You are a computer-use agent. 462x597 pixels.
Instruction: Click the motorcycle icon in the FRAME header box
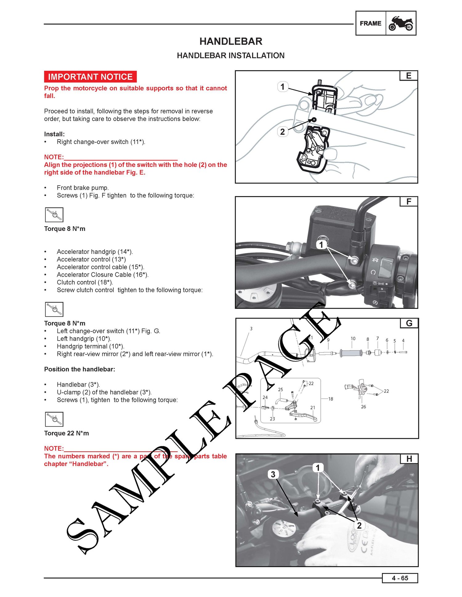coord(401,23)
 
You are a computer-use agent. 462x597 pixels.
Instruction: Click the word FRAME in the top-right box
coord(371,23)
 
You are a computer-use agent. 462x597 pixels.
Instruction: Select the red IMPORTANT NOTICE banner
coord(90,77)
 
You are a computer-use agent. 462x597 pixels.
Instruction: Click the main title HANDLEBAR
coord(231,41)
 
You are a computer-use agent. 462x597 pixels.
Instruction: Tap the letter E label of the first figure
coord(409,76)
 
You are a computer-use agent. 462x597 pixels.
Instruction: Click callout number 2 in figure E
coord(282,132)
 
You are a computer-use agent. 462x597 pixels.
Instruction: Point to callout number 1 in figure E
coord(282,86)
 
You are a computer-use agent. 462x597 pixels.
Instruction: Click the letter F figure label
coord(409,202)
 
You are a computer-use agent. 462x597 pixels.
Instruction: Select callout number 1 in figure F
coord(321,245)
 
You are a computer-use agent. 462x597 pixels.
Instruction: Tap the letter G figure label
coord(409,323)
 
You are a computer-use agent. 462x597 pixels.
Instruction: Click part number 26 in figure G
coord(363,407)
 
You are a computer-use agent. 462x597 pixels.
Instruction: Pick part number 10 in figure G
coord(353,339)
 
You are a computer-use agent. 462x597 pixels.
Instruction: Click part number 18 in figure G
coord(330,399)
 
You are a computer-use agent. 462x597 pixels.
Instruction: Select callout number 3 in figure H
coord(273,474)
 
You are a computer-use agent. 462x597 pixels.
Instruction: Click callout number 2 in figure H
coord(359,525)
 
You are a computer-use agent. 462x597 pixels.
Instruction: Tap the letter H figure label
coord(409,459)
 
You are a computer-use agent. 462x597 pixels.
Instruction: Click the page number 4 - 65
coord(400,578)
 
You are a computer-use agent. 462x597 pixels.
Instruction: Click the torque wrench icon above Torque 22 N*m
coord(54,419)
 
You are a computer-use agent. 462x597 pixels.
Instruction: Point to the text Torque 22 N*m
coord(67,433)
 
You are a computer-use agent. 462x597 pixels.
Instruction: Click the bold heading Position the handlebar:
coord(79,369)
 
